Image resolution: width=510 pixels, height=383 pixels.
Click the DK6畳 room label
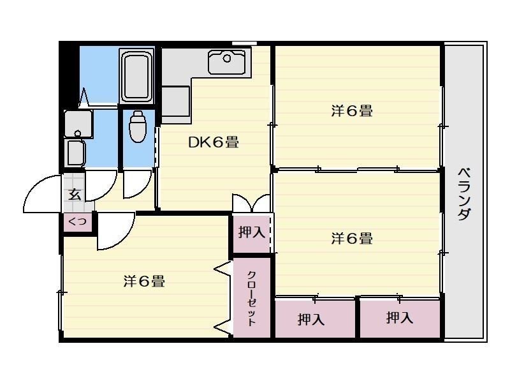pos(213,142)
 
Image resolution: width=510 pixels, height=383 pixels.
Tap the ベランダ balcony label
pos(465,193)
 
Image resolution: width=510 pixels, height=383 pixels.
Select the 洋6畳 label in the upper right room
pos(351,110)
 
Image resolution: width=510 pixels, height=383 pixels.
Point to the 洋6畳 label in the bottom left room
pos(144,281)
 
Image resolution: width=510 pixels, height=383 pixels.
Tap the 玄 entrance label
pos(75,195)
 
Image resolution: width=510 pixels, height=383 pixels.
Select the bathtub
pos(136,76)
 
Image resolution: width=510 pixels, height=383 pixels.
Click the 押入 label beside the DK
pos(251,232)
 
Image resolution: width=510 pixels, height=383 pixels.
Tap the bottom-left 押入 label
pos(311,319)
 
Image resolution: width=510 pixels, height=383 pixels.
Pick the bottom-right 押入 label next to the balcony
pos(400,317)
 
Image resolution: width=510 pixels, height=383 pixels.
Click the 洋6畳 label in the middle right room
pos(351,239)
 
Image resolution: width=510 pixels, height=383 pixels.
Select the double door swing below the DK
pos(252,202)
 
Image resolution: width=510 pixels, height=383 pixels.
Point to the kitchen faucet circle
pos(226,59)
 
